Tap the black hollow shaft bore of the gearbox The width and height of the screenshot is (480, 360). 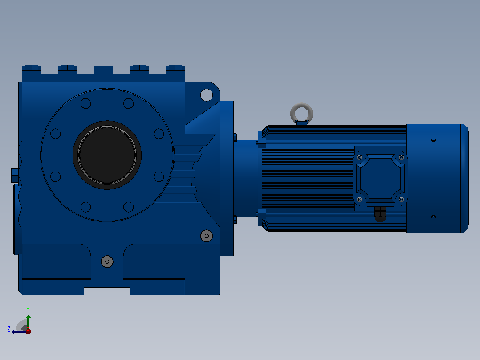click(x=107, y=155)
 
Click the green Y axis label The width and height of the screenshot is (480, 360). click(x=28, y=310)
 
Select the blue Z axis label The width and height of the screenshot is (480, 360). click(x=9, y=329)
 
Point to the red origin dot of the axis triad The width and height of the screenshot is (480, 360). click(x=28, y=331)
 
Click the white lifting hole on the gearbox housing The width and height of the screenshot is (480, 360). click(x=207, y=95)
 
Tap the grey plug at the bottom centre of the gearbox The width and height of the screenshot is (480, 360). click(x=107, y=262)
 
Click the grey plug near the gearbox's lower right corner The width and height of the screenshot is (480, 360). click(x=207, y=236)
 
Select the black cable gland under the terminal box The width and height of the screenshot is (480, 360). click(x=380, y=213)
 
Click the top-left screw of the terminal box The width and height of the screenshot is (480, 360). click(x=359, y=157)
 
